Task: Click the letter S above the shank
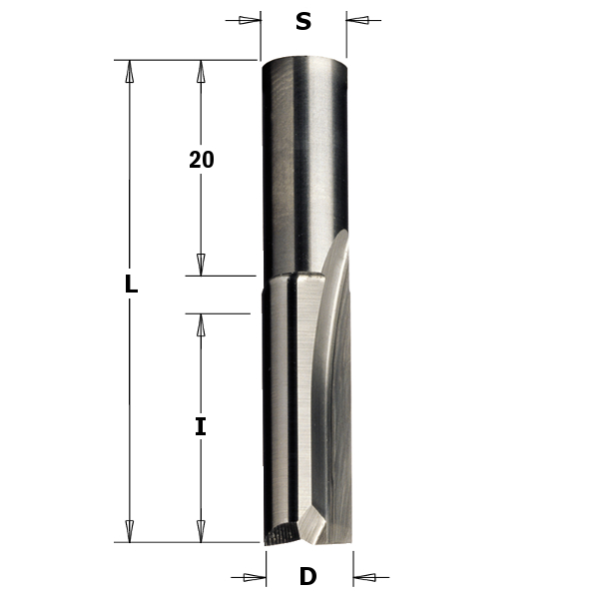[302, 21]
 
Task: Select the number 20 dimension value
[202, 160]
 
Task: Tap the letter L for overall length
[130, 284]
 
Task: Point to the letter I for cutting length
[201, 427]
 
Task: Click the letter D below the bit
[307, 576]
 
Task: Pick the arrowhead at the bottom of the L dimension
[129, 531]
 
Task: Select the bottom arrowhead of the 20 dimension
[201, 265]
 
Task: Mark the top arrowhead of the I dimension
[201, 324]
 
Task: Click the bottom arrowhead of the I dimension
[201, 531]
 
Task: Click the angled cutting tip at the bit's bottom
[304, 529]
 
